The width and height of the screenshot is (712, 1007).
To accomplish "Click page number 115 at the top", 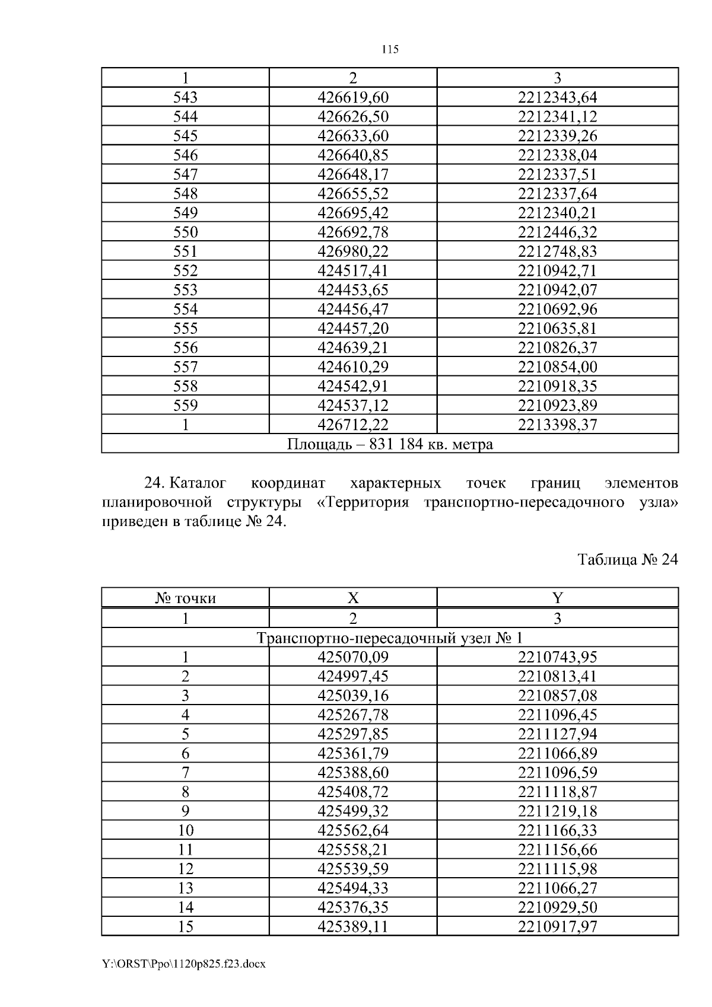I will pyautogui.click(x=390, y=50).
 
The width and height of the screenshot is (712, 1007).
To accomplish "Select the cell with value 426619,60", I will pyautogui.click(x=353, y=97).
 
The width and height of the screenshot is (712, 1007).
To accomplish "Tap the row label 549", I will pyautogui.click(x=185, y=213).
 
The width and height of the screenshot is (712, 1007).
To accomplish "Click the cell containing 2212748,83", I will pyautogui.click(x=557, y=251).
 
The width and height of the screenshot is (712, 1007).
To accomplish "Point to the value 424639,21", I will pyautogui.click(x=353, y=348).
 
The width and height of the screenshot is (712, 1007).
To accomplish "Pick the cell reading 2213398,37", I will pyautogui.click(x=557, y=425).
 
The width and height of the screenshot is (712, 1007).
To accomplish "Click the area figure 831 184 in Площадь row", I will pyautogui.click(x=396, y=444).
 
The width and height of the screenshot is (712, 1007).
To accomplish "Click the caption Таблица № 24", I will pyautogui.click(x=627, y=560).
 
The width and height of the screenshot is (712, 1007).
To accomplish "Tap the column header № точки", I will pyautogui.click(x=185, y=598).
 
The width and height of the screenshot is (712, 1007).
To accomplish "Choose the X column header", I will pyautogui.click(x=353, y=598).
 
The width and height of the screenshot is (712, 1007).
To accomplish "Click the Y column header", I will pyautogui.click(x=557, y=598).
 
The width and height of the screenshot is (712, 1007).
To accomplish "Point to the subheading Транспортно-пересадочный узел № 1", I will pyautogui.click(x=390, y=638).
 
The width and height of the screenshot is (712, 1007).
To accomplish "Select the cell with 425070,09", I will pyautogui.click(x=353, y=657).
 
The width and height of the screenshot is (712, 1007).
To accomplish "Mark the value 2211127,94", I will pyautogui.click(x=557, y=734).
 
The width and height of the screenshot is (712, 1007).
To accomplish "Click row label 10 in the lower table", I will pyautogui.click(x=185, y=830).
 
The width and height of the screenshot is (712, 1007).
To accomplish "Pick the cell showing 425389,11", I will pyautogui.click(x=353, y=926).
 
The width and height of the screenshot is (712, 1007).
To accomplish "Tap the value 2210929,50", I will pyautogui.click(x=557, y=907).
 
